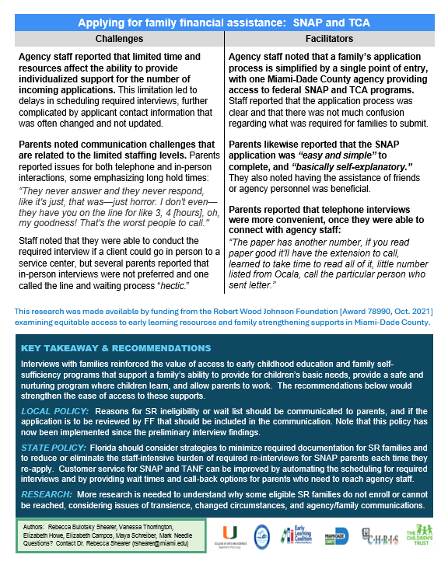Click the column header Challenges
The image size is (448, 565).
(119, 38)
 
